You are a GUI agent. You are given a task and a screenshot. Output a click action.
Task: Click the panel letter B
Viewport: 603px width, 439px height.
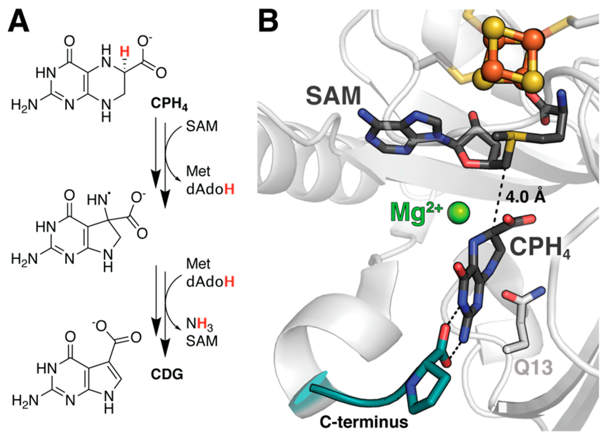pyautogui.click(x=268, y=22)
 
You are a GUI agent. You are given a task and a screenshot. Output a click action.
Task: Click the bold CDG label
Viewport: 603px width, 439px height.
pyautogui.click(x=167, y=375)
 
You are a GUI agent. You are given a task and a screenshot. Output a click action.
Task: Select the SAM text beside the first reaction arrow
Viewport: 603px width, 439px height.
pyautogui.click(x=202, y=127)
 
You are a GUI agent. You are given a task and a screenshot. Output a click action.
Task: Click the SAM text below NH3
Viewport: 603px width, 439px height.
pyautogui.click(x=202, y=341)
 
